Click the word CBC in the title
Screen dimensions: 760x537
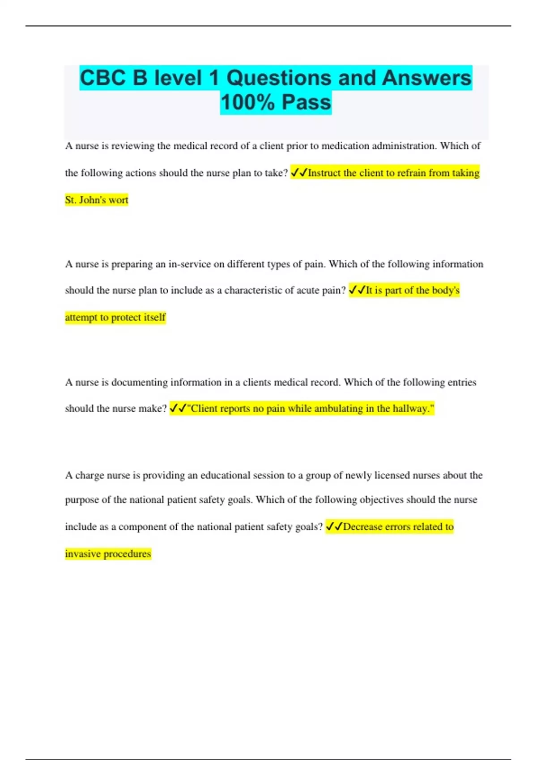[x=102, y=78]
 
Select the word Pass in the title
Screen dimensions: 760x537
[x=307, y=102]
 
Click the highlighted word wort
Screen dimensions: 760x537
[x=119, y=200]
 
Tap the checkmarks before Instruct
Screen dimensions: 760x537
[x=299, y=173]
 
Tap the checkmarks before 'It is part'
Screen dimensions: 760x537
[x=357, y=291]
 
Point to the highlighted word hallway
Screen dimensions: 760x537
[x=412, y=409]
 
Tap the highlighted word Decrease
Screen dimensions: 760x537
[x=362, y=527]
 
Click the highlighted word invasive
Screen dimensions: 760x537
[x=83, y=554]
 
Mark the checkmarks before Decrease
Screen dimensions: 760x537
[x=334, y=527]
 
